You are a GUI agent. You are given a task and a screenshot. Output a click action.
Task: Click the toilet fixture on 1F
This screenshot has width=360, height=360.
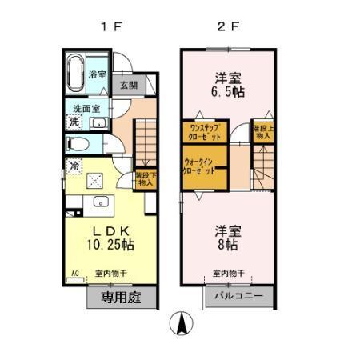[79, 145]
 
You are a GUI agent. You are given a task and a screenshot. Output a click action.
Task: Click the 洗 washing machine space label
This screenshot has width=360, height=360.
[74, 122]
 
